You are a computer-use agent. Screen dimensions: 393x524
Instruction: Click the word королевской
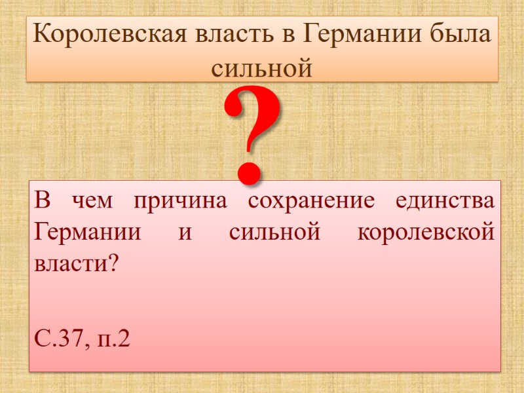[x=426, y=233]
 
